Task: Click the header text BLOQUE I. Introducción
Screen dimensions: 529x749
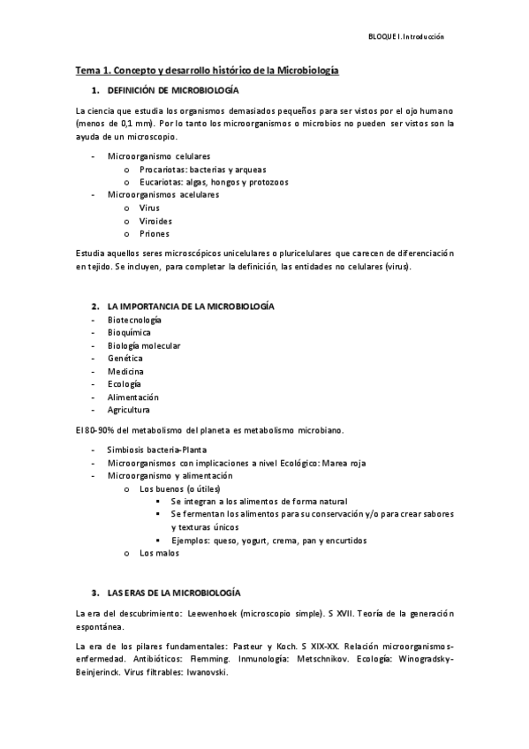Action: click(405, 36)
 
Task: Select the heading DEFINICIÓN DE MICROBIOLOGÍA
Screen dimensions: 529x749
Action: click(171, 91)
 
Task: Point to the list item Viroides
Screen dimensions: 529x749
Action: click(156, 221)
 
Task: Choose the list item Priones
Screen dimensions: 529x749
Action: click(155, 234)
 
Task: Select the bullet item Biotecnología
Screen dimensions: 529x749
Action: click(134, 319)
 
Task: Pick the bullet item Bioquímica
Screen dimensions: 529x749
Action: click(129, 332)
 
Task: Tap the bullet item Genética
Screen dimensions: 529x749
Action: click(125, 358)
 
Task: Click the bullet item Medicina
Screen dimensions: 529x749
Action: click(126, 371)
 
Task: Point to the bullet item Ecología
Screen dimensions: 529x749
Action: click(125, 384)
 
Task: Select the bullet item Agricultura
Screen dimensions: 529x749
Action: click(129, 410)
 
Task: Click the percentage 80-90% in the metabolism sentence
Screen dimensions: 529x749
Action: click(102, 430)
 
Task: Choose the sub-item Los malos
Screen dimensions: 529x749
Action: click(159, 553)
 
